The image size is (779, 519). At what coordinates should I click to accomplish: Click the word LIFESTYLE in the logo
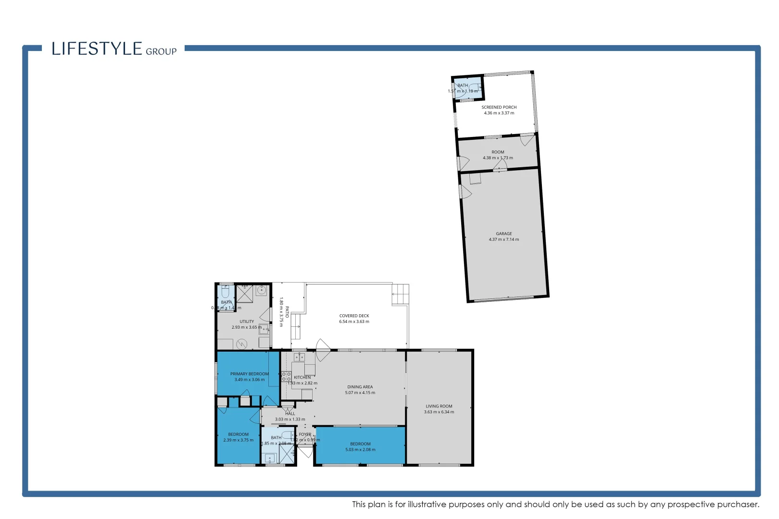97,49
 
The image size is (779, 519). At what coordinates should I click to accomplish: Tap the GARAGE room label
503,234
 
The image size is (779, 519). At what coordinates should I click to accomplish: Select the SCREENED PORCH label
499,107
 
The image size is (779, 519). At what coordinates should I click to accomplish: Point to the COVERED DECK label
354,316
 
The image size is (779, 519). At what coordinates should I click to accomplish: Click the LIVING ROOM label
439,406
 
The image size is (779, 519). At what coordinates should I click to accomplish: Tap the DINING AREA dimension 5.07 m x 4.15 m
360,393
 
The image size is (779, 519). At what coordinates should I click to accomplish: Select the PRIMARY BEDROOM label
249,374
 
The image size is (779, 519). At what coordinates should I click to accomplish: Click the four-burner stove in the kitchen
286,376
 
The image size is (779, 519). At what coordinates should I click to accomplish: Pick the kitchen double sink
299,357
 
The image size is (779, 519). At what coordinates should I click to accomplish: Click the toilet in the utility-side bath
226,291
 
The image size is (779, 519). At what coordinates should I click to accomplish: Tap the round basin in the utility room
261,290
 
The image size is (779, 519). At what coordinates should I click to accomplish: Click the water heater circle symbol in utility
242,344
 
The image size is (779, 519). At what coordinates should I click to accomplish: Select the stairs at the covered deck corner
400,294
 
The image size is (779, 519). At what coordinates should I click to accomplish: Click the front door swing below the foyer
305,452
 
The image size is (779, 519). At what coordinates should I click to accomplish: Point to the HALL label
290,413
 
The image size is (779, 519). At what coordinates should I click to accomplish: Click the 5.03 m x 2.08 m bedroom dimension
360,450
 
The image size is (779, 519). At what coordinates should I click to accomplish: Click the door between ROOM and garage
500,166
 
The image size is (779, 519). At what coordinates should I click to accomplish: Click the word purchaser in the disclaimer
737,504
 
